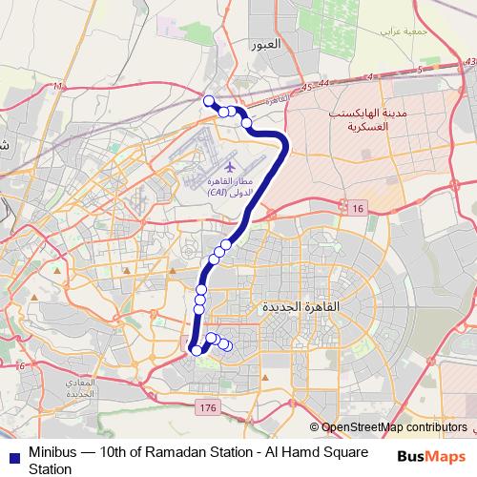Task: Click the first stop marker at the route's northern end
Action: pos(209,100)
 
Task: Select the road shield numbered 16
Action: pos(358,208)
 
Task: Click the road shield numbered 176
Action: pos(208,407)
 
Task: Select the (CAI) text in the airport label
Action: pos(223,192)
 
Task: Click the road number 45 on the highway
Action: pos(306,87)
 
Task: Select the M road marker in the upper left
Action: pos(57,88)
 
